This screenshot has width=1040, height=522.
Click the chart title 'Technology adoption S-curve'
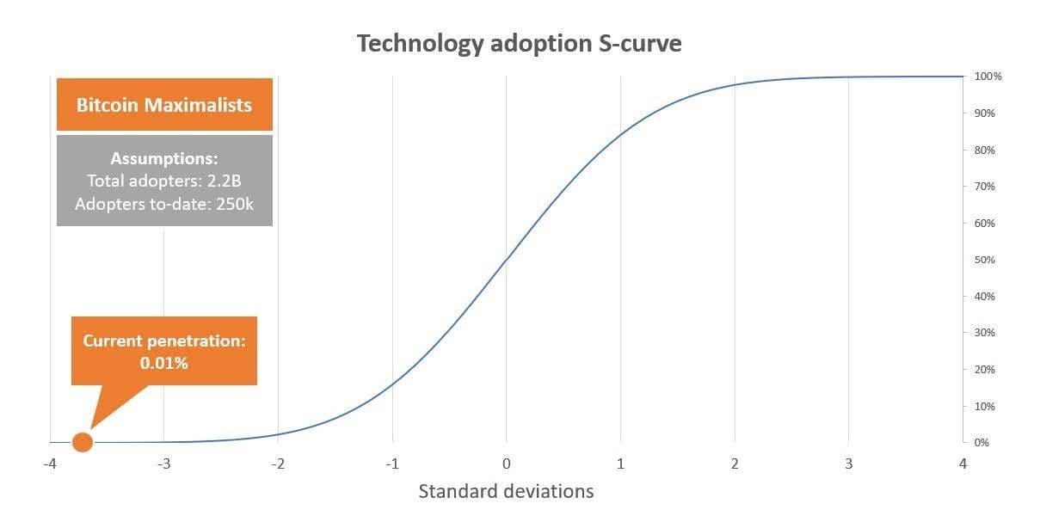[x=520, y=44]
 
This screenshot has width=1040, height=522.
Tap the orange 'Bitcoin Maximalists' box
[x=164, y=105]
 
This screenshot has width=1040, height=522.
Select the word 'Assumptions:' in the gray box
[x=164, y=158]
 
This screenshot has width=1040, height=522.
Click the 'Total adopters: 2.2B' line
[x=164, y=181]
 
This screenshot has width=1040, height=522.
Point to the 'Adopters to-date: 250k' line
[x=164, y=204]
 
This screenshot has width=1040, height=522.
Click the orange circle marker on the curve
[x=83, y=442]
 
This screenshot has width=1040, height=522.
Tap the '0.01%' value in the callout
[x=164, y=363]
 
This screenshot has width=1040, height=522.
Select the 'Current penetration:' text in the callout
[x=164, y=341]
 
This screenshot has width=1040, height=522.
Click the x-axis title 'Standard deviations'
[x=506, y=492]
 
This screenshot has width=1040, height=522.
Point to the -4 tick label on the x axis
[x=50, y=464]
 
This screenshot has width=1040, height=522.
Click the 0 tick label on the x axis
[x=506, y=464]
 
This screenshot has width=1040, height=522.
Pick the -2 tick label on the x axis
[x=278, y=464]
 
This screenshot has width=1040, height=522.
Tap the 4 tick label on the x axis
[x=963, y=464]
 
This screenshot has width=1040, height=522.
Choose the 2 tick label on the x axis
[x=735, y=464]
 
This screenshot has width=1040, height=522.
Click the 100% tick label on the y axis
[x=988, y=77]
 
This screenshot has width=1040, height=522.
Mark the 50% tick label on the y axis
[x=986, y=260]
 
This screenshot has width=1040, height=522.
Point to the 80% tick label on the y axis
[x=986, y=150]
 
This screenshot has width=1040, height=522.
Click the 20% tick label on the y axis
[x=986, y=369]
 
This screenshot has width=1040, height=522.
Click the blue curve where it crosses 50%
[x=506, y=260]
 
